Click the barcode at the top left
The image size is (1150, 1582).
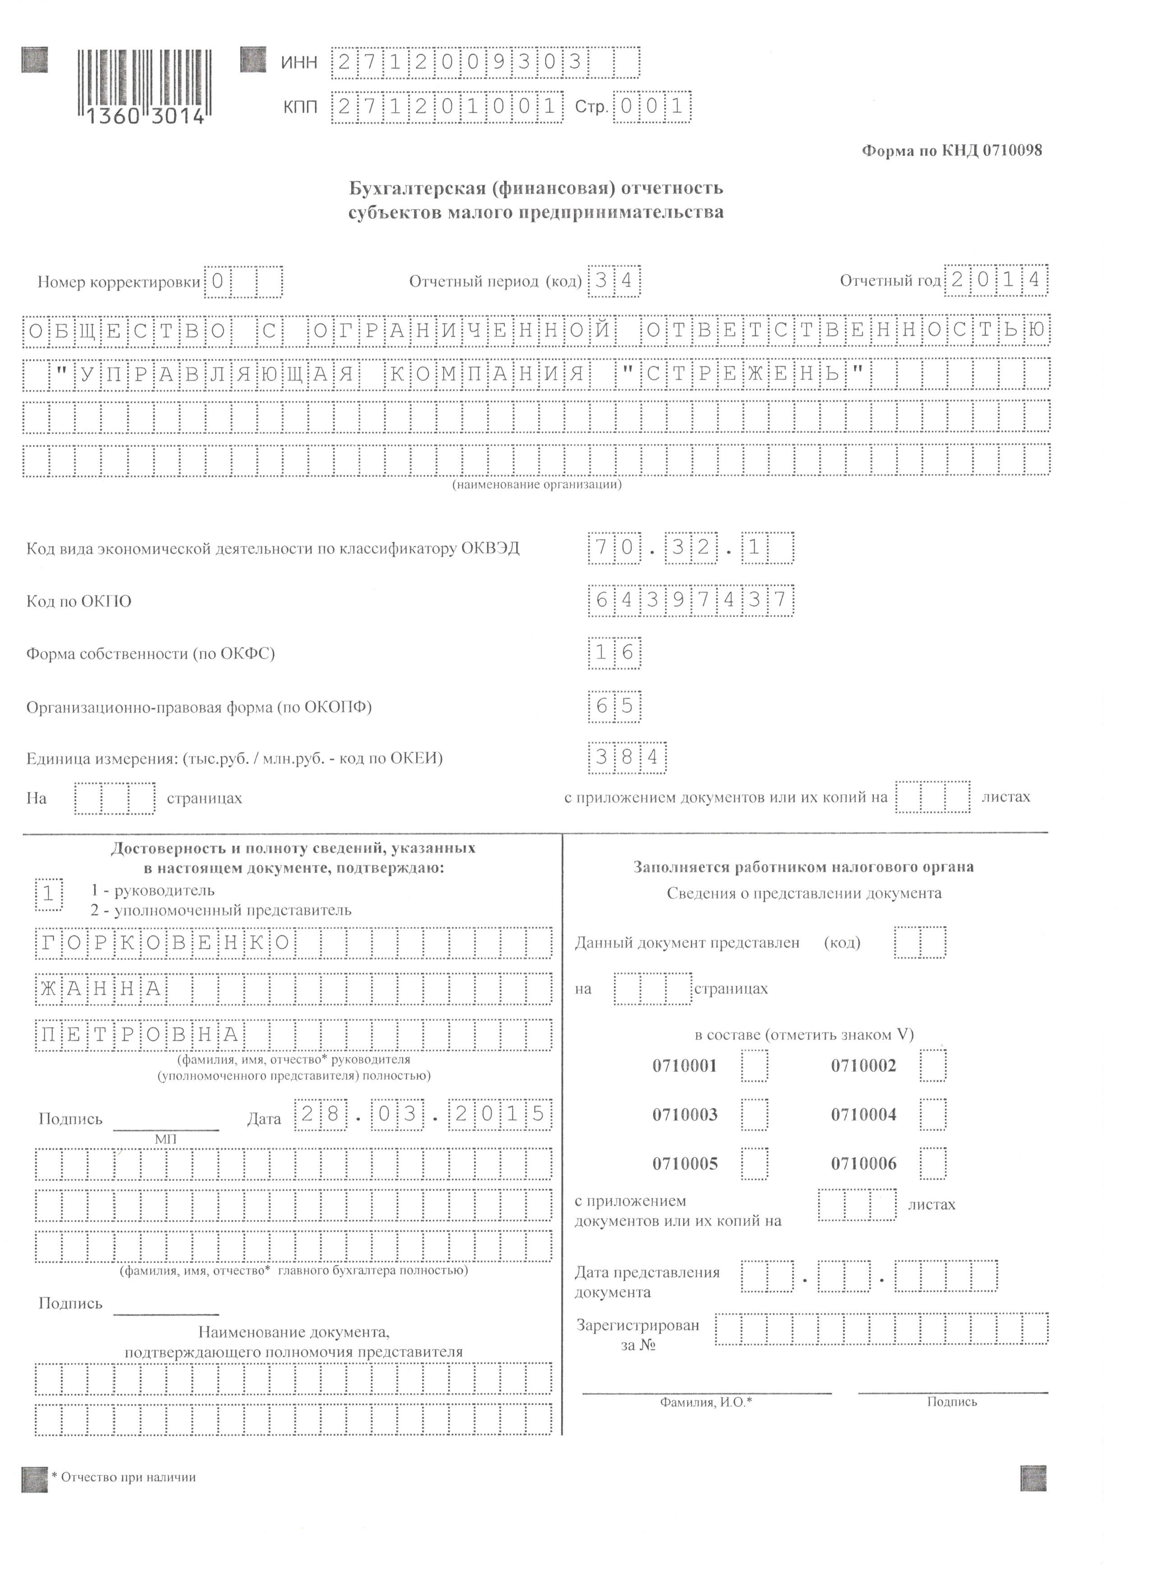tap(144, 85)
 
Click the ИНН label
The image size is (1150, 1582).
tap(299, 63)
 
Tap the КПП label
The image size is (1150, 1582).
tap(300, 107)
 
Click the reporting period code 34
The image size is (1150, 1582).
tap(614, 281)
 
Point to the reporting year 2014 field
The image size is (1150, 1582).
tap(996, 281)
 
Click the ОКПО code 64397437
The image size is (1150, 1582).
tap(690, 600)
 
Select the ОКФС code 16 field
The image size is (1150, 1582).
tap(614, 653)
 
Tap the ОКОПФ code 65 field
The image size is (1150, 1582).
tap(614, 706)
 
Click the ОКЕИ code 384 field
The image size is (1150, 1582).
tap(627, 757)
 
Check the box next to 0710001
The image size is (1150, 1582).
tap(754, 1066)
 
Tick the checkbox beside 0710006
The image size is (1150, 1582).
tap(933, 1163)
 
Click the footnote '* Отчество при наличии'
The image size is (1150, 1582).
tap(124, 1477)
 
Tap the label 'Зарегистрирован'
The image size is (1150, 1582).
tap(637, 1325)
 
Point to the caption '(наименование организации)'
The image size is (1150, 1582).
tap(537, 484)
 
